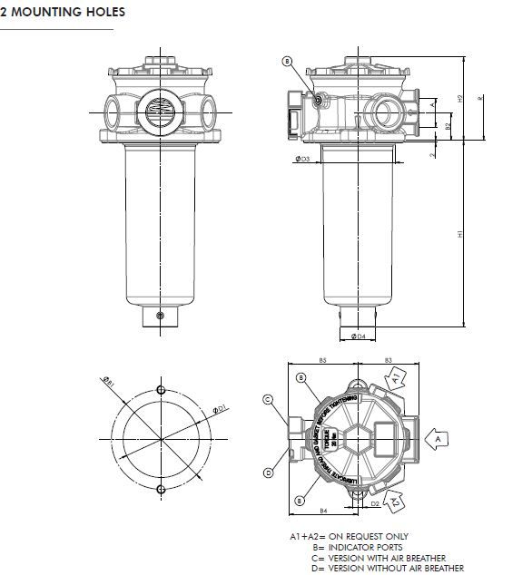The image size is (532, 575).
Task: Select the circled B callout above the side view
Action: point(288,62)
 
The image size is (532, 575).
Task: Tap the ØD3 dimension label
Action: point(303,159)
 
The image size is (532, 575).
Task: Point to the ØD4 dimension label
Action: point(358,336)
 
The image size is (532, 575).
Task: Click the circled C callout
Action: point(269,399)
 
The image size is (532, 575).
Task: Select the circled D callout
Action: point(269,473)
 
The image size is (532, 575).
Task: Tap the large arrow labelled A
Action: point(438,438)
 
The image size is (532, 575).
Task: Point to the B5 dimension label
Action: point(322,361)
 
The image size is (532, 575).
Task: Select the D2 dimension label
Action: point(375,502)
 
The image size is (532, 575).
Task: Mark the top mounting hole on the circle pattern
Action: point(161,390)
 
